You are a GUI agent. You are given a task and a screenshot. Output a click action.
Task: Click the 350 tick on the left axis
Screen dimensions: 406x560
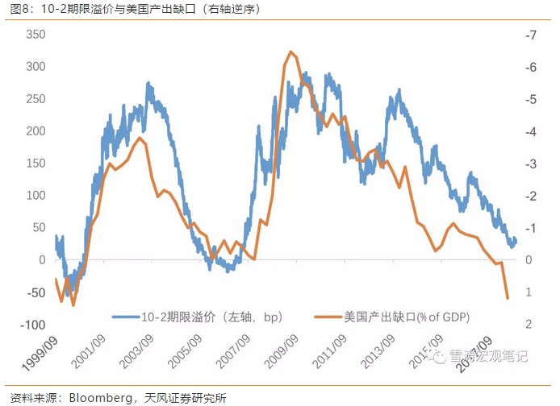coord(37,35)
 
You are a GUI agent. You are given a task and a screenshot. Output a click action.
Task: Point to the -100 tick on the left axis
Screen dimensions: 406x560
coord(32,324)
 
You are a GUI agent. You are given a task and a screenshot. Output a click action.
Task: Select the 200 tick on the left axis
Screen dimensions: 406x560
coord(37,131)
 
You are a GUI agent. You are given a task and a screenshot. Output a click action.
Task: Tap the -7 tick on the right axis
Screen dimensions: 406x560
coord(529,35)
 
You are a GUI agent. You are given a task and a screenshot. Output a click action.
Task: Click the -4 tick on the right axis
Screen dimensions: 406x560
coord(529,131)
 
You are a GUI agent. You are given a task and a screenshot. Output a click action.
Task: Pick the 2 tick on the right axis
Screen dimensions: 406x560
coord(529,324)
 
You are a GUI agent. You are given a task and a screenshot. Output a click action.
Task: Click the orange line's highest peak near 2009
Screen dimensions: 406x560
coord(290,52)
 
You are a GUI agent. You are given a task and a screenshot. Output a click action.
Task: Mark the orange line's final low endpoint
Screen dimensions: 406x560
coord(508,298)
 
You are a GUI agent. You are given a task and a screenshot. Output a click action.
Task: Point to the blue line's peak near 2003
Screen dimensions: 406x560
coord(148,83)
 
